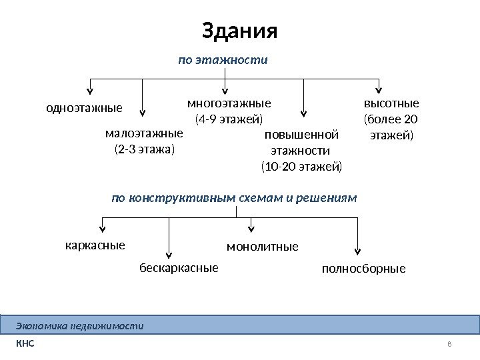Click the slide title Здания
click(x=239, y=31)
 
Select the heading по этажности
click(x=223, y=60)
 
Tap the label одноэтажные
click(x=84, y=107)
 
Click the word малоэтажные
click(x=144, y=133)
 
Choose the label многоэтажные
click(x=229, y=103)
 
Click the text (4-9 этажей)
click(x=229, y=120)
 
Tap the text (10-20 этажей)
click(x=301, y=166)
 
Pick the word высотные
click(x=391, y=103)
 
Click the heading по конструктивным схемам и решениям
click(x=234, y=198)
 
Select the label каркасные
click(x=95, y=245)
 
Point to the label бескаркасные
click(x=179, y=268)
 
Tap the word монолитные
click(x=263, y=247)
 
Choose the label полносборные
click(x=363, y=269)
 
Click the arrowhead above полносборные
click(x=358, y=251)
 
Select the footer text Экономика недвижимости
click(x=80, y=326)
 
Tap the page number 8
click(x=449, y=344)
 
